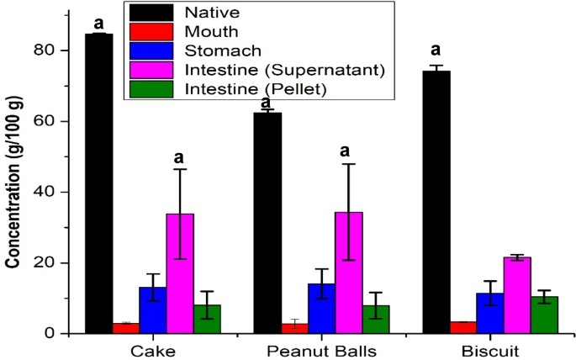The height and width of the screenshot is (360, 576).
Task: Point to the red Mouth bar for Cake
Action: pyautogui.click(x=125, y=328)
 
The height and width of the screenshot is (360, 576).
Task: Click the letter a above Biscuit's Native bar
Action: pyautogui.click(x=436, y=50)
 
